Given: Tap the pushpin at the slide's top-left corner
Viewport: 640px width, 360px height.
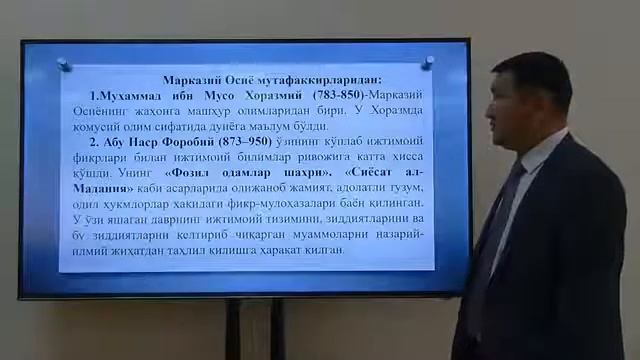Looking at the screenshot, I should point(64,64).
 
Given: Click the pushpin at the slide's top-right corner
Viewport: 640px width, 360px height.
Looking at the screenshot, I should point(428,62).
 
